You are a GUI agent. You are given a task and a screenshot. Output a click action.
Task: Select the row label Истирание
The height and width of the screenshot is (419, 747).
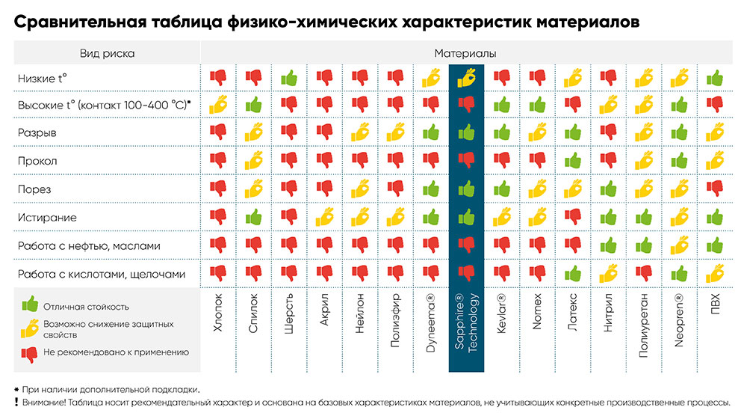click(47, 217)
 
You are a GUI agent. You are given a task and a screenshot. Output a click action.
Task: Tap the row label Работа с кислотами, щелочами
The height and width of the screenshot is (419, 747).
click(101, 274)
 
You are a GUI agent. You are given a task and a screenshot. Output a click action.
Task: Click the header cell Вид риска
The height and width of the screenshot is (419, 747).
click(107, 54)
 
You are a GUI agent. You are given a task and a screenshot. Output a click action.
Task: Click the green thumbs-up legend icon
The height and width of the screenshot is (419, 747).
click(30, 304)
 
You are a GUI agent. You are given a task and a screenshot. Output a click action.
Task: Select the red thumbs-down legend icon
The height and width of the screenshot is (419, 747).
click(30, 352)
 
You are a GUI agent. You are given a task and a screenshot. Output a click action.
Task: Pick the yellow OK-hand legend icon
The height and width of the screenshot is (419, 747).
click(30, 327)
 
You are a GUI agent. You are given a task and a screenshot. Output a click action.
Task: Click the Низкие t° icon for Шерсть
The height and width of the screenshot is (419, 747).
click(289, 77)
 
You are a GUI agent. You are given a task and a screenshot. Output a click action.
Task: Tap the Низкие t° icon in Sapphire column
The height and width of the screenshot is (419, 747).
click(466, 77)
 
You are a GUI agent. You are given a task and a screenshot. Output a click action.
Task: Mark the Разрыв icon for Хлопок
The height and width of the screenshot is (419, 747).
click(218, 132)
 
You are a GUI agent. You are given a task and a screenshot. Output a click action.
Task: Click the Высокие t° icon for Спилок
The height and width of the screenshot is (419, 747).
click(254, 104)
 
